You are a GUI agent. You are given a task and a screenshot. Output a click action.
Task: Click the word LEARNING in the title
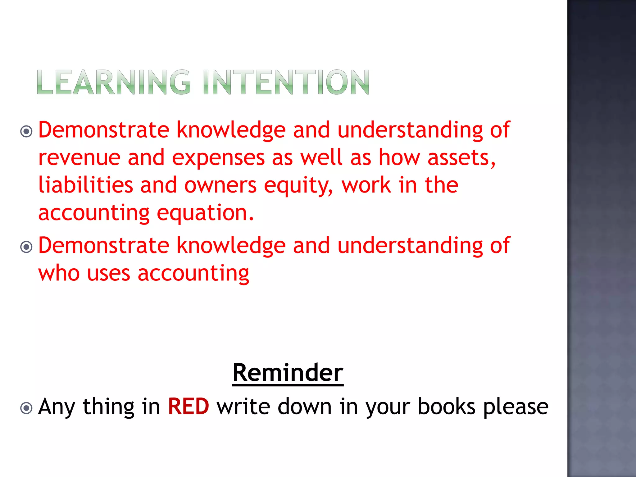[x=114, y=82]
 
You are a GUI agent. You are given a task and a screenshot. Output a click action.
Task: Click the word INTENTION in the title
[x=286, y=82]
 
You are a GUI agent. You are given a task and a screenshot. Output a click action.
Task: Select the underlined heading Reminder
[x=288, y=373]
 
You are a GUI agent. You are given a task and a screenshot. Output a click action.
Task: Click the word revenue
[x=79, y=158]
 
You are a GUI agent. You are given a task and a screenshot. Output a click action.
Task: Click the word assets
[x=461, y=158]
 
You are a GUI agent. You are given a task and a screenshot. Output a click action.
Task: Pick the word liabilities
[x=85, y=185]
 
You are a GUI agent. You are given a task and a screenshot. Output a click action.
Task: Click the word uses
[x=108, y=274]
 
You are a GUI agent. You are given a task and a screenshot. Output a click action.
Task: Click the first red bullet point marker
[x=26, y=131]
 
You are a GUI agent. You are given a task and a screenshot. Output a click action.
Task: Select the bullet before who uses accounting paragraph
[x=26, y=247]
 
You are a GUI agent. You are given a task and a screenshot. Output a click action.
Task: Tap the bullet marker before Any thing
[x=26, y=408]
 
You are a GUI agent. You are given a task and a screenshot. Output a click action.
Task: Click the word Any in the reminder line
[x=57, y=407]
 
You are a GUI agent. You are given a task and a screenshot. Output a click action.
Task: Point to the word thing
[x=108, y=407]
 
